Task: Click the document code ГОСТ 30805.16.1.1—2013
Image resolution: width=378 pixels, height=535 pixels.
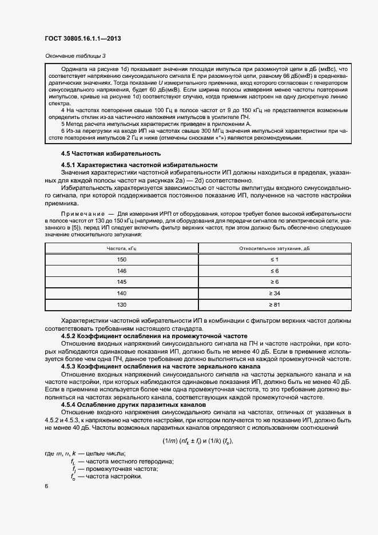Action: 82,38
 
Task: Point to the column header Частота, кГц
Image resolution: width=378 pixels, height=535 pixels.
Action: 122,248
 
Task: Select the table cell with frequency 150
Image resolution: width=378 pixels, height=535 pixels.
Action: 122,260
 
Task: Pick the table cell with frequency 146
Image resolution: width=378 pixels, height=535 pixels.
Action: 122,271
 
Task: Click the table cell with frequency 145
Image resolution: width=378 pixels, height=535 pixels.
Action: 122,282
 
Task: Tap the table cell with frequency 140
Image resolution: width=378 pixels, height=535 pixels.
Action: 122,293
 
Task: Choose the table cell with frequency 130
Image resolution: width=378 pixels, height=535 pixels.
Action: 122,304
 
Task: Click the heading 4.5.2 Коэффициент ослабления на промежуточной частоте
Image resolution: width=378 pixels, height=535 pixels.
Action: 154,336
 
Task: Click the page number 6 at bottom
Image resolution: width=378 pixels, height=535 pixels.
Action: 46,486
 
